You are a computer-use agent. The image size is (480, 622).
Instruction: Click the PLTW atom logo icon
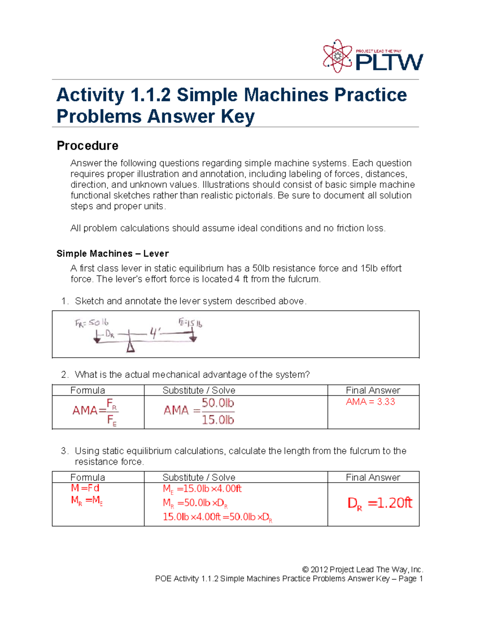coord(338,56)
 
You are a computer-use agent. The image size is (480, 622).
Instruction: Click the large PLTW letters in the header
coord(389,62)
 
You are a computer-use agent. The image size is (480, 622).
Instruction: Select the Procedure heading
coord(87,145)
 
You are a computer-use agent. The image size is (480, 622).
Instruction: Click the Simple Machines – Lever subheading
coord(112,254)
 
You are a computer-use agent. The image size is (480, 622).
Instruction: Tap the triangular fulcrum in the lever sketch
coord(130,346)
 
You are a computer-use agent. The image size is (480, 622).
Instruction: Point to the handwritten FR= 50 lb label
coord(92,323)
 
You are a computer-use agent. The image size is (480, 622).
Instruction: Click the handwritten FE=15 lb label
coord(190,323)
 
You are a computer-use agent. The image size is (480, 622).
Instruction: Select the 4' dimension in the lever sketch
coord(155,333)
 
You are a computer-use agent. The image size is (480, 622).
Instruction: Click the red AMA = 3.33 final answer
coord(370,402)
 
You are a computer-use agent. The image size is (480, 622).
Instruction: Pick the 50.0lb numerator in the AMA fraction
coord(218,403)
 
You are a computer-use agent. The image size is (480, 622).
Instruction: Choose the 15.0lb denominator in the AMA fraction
coord(218,420)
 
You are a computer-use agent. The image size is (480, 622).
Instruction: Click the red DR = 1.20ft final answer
coord(379,503)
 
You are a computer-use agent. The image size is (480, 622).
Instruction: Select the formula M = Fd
coord(85,488)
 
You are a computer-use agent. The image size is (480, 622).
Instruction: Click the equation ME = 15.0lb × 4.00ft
coord(202,489)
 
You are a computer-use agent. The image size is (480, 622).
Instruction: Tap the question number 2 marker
coord(65,374)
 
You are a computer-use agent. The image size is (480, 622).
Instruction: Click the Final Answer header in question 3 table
coord(373,477)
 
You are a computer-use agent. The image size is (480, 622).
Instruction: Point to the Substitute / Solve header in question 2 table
coord(199,391)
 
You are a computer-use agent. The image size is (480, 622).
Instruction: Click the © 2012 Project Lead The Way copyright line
coord(362,569)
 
